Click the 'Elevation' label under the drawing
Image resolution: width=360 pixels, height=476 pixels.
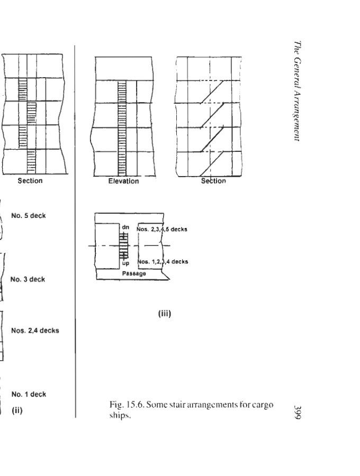point(123,181)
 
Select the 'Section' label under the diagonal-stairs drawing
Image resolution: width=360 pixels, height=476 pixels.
point(213,181)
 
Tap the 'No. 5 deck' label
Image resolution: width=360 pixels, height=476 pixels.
point(28,216)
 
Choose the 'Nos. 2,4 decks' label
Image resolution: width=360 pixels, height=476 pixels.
point(35,331)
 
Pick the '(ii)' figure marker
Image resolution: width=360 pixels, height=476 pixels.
point(17,408)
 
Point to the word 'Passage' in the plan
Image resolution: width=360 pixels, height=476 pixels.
point(133,274)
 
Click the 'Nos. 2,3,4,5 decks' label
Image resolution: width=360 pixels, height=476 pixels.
point(162,230)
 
